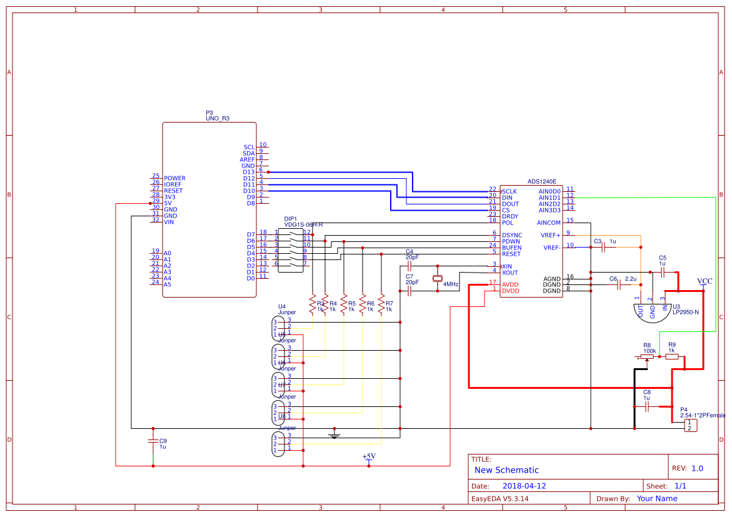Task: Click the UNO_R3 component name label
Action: click(x=217, y=118)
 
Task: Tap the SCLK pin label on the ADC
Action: click(x=509, y=191)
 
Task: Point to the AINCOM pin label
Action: click(x=548, y=222)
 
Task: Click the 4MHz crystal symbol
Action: click(x=438, y=278)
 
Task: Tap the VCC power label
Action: click(x=704, y=281)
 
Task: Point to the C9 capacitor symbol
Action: click(x=153, y=441)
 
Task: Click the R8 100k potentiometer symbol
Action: click(x=649, y=358)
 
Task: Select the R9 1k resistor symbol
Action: click(x=672, y=358)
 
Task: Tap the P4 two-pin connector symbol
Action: click(x=689, y=425)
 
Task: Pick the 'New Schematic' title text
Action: click(x=506, y=470)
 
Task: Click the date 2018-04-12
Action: click(x=524, y=486)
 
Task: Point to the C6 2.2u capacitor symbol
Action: click(x=618, y=285)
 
